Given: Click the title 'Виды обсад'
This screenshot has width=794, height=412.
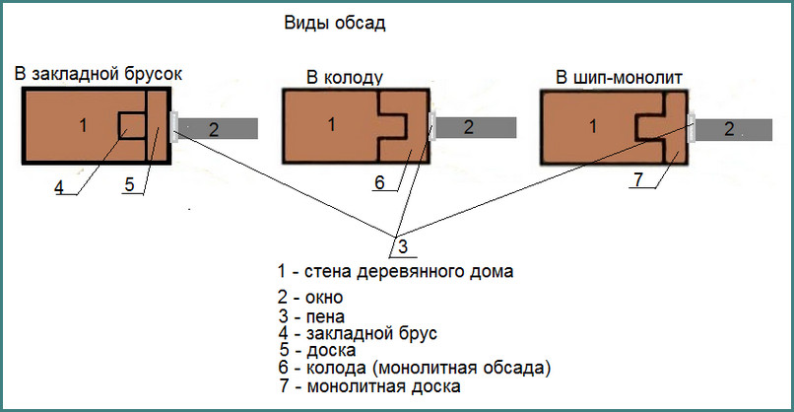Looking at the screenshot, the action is tap(335, 24).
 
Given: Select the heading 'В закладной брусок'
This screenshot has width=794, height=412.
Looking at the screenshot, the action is tap(99, 74).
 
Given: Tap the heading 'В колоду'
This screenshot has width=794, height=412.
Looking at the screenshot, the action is tap(345, 78).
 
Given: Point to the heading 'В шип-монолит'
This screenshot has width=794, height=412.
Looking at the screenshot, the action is tap(619, 78).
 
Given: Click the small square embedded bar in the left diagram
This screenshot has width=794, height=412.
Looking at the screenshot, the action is tap(133, 125).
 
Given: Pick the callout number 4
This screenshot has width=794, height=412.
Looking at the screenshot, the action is tap(59, 187).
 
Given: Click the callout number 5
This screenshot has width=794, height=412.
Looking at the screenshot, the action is tap(130, 184).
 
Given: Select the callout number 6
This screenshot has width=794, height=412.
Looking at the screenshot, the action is tap(380, 182).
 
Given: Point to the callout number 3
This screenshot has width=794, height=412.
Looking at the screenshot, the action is tap(403, 246).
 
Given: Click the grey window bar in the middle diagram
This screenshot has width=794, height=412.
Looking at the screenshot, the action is tap(476, 127).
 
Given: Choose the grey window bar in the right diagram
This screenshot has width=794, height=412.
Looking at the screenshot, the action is tap(734, 130).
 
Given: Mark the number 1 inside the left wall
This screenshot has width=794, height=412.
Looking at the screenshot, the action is tap(83, 124).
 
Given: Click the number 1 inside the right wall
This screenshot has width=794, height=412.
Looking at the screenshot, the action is tap(593, 126).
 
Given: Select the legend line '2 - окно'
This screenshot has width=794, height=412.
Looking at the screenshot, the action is tap(310, 297).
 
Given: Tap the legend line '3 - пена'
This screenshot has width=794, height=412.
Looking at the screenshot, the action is tap(311, 316).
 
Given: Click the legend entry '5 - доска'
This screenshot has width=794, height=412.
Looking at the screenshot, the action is tap(317, 350).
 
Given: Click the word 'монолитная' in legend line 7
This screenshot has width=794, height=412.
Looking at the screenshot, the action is tap(356, 386).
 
